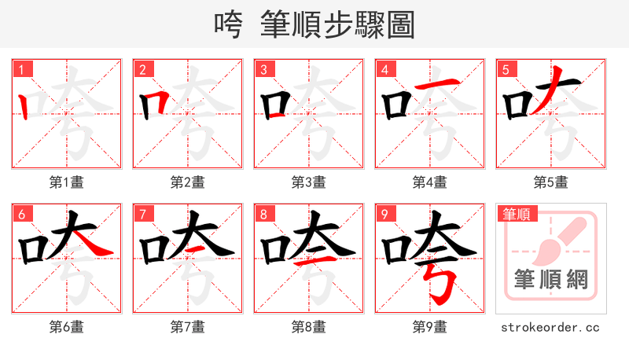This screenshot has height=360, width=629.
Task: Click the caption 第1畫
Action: [x=66, y=182]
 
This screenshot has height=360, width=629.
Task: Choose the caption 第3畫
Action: [x=308, y=182]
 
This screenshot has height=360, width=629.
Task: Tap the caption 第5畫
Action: [x=550, y=182]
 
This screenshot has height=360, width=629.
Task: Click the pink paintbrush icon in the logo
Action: [x=555, y=239]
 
